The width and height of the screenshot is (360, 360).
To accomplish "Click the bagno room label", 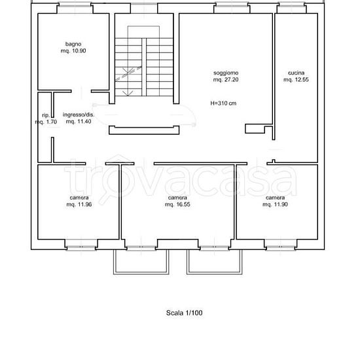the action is pyautogui.click(x=73, y=44).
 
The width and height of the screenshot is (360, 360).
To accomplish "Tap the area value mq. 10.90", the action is pyautogui.click(x=73, y=51).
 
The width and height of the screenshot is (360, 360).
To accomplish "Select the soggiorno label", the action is pyautogui.click(x=226, y=73).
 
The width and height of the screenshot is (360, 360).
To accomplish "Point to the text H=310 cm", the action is pyautogui.click(x=223, y=103).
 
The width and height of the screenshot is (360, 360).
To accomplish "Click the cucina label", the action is pyautogui.click(x=296, y=73).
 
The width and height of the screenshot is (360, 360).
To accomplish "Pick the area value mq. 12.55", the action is pyautogui.click(x=296, y=80).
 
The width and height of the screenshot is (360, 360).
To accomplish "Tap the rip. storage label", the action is pyautogui.click(x=46, y=115).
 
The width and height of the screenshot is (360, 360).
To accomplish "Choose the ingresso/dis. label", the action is pyautogui.click(x=79, y=115).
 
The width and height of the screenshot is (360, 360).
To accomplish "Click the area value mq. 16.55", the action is pyautogui.click(x=177, y=204).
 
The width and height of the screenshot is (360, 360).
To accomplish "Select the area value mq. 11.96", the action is pyautogui.click(x=79, y=204).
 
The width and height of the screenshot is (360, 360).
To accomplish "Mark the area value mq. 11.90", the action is pyautogui.click(x=275, y=204).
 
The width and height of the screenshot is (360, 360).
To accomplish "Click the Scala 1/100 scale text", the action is pyautogui.click(x=185, y=313).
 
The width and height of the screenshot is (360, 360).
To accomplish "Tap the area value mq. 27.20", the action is pyautogui.click(x=226, y=80).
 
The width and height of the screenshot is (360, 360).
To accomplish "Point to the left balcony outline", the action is pyautogui.click(x=141, y=273).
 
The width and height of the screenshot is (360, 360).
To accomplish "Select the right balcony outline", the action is pyautogui.click(x=215, y=273).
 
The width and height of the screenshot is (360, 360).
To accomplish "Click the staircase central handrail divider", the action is pyautogui.click(x=144, y=67).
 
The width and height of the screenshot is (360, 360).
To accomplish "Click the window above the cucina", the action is pyautogui.click(x=291, y=5).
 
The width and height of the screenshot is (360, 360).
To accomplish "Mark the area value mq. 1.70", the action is pyautogui.click(x=46, y=122).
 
